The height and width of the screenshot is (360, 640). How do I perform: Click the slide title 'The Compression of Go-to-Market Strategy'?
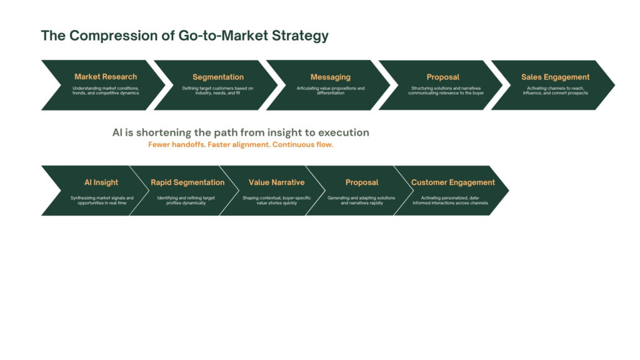pyautogui.click(x=184, y=36)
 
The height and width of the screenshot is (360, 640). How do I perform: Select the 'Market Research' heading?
pyautogui.click(x=106, y=77)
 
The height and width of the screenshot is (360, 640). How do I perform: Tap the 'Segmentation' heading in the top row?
pyautogui.click(x=218, y=77)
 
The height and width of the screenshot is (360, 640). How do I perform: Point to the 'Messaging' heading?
pyautogui.click(x=330, y=77)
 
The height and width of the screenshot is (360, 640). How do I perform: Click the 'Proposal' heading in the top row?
pyautogui.click(x=443, y=77)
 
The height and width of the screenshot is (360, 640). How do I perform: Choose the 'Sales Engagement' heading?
pyautogui.click(x=555, y=77)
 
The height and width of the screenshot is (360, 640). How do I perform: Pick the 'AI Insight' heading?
pyautogui.click(x=101, y=182)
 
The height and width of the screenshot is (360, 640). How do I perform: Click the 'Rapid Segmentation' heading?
pyautogui.click(x=187, y=182)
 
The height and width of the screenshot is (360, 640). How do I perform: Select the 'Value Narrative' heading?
pyautogui.click(x=276, y=182)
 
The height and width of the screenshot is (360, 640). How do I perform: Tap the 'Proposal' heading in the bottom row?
pyautogui.click(x=362, y=182)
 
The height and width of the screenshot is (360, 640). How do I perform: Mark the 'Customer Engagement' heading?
pyautogui.click(x=452, y=182)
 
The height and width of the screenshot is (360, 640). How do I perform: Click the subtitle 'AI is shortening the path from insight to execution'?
pyautogui.click(x=241, y=132)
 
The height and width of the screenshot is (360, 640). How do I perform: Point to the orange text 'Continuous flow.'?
pyautogui.click(x=302, y=144)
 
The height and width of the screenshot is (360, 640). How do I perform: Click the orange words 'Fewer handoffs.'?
pyautogui.click(x=177, y=144)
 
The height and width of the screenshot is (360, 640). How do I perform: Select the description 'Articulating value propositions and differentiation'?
pyautogui.click(x=330, y=91)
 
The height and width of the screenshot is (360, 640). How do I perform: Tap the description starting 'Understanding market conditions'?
pyautogui.click(x=106, y=91)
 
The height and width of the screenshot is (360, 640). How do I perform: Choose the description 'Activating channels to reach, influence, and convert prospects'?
pyautogui.click(x=555, y=91)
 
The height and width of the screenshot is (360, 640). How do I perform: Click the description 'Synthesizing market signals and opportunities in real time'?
pyautogui.click(x=102, y=201)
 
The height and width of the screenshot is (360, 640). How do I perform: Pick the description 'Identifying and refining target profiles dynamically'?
pyautogui.click(x=186, y=201)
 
